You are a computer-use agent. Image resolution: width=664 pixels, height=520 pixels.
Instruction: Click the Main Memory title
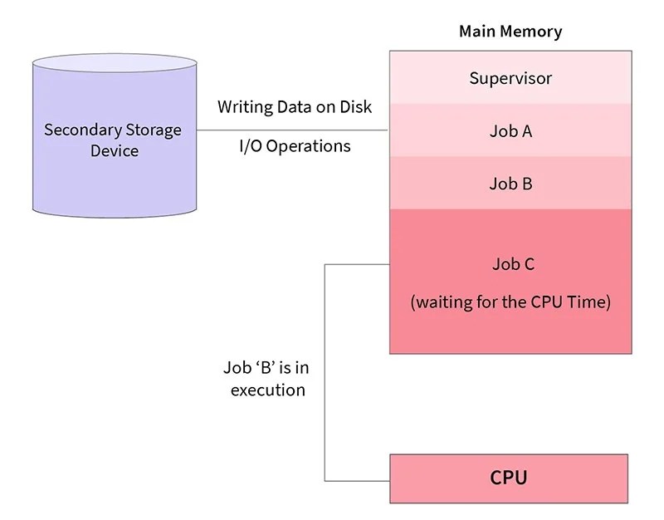(x=510, y=32)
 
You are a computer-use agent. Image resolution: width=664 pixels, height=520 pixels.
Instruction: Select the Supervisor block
(x=510, y=78)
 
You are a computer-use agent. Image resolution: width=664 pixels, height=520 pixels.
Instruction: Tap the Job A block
(x=510, y=130)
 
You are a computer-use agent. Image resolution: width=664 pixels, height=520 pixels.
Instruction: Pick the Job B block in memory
(x=510, y=183)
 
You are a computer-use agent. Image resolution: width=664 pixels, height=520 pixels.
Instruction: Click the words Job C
(x=510, y=264)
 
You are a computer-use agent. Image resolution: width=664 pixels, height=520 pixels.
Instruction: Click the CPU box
(x=509, y=478)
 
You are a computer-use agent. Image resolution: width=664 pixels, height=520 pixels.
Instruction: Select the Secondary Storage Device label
(x=112, y=140)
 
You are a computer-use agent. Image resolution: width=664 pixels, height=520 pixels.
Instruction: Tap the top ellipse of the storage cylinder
(x=114, y=66)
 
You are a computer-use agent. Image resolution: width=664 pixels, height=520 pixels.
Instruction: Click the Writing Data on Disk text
(x=295, y=107)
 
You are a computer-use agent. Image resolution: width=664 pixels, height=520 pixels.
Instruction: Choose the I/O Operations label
(x=295, y=146)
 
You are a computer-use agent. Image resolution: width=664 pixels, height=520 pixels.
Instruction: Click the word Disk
(x=355, y=107)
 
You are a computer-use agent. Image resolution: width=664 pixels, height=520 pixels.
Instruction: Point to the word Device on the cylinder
(x=114, y=151)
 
